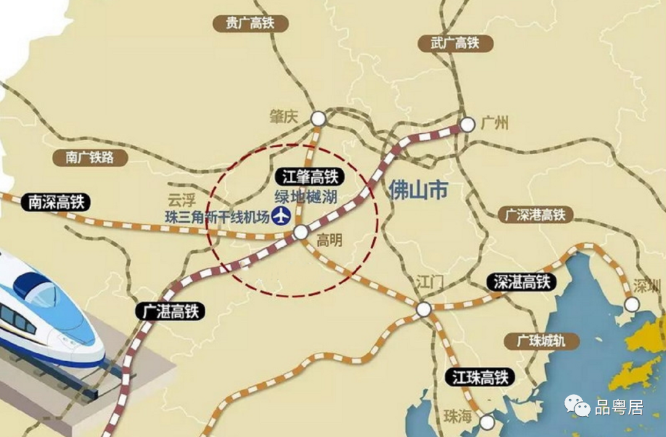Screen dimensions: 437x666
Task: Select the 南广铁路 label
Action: [x=91, y=157]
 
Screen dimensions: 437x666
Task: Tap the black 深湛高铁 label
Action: [x=522, y=282]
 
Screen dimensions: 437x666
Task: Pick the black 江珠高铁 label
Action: [x=480, y=376]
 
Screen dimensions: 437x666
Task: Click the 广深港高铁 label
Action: [x=534, y=215]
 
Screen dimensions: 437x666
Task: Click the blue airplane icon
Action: [x=281, y=216]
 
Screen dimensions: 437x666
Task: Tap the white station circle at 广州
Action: [x=467, y=125]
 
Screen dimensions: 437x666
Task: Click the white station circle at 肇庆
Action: [x=318, y=118]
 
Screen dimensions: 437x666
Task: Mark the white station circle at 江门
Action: [x=423, y=309]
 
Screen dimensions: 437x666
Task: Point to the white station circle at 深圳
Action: [x=631, y=304]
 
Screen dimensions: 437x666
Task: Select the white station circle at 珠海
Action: [x=487, y=422]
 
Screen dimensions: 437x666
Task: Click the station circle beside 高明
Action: [x=301, y=232]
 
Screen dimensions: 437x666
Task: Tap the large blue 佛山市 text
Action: [x=418, y=190]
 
